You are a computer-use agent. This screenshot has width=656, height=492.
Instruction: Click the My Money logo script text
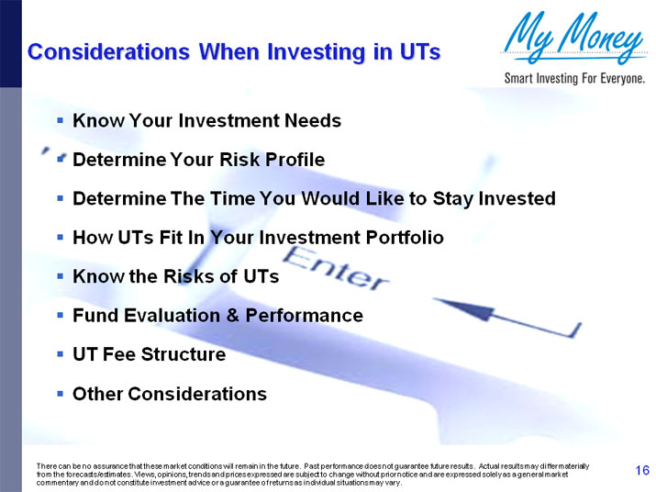pos(573,39)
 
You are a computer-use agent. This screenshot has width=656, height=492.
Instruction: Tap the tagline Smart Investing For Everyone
pos(574,78)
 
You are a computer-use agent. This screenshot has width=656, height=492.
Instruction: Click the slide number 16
pos(642,471)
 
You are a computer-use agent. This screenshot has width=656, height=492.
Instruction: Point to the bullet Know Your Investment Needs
pos(206,120)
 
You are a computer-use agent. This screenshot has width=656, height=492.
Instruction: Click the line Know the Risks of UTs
pos(175,276)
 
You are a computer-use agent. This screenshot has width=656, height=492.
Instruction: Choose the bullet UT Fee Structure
pos(149,354)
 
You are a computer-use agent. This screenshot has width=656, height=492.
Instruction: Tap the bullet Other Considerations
pos(170,394)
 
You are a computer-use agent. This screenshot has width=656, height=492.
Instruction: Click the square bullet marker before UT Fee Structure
pos(60,354)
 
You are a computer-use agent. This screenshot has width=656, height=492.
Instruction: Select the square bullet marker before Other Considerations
pos(60,394)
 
